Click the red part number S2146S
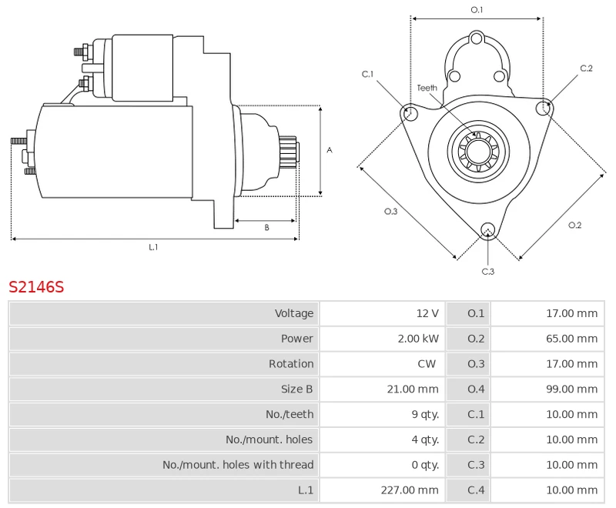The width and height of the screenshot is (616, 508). click(36, 287)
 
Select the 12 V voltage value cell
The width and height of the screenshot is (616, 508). click(427, 313)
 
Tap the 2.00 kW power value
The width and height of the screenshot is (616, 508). click(419, 339)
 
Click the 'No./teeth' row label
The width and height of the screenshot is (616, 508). click(290, 415)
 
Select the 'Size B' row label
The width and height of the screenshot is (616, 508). click(297, 389)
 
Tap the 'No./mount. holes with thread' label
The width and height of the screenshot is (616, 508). click(238, 465)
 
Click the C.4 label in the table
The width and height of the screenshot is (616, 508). click(477, 490)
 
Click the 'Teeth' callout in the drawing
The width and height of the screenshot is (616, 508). click(427, 88)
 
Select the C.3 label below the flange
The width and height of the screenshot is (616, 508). click(487, 271)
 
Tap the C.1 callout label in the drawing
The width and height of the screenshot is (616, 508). click(368, 74)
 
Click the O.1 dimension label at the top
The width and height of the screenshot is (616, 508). click(477, 9)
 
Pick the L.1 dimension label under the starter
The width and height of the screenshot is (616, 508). click(153, 247)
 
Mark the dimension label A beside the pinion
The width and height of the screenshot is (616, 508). click(330, 150)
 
